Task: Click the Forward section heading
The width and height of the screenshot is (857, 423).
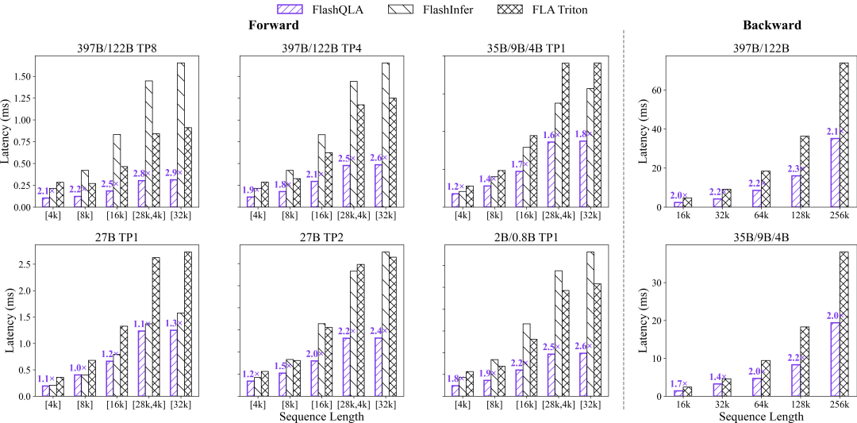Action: coord(274,25)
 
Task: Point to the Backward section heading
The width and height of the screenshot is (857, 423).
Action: coord(771,25)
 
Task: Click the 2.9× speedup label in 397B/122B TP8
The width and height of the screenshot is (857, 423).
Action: coord(173,172)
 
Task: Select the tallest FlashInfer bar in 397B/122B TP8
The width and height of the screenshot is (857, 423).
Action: coord(181,135)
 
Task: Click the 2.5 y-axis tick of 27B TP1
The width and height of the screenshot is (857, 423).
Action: coord(24,264)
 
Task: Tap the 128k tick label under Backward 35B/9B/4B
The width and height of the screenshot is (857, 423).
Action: coord(798,405)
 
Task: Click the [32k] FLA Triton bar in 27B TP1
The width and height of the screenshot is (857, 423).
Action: coord(187,324)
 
